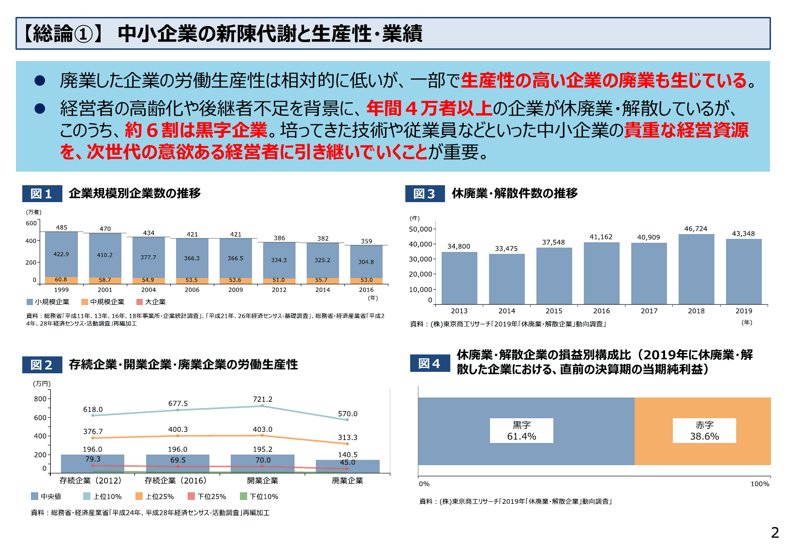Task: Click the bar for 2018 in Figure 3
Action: pyautogui.click(x=696, y=269)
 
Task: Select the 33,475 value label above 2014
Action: pyautogui.click(x=506, y=249)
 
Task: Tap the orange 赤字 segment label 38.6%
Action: pyautogui.click(x=704, y=431)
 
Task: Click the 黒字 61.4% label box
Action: pyautogui.click(x=521, y=431)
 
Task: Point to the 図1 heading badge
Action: pyautogui.click(x=42, y=194)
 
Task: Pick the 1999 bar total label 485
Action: pyautogui.click(x=61, y=227)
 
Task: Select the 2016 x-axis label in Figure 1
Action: pyautogui.click(x=366, y=290)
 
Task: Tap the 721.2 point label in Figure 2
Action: pyautogui.click(x=263, y=399)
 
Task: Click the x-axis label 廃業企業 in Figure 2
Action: pyautogui.click(x=347, y=480)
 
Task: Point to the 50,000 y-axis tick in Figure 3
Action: pyautogui.click(x=420, y=229)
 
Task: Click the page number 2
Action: pyautogui.click(x=775, y=532)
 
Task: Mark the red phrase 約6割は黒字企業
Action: pyautogui.click(x=196, y=130)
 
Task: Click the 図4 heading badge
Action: pyautogui.click(x=430, y=363)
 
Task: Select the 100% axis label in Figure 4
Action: pyautogui.click(x=759, y=484)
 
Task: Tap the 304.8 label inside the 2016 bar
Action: pyautogui.click(x=366, y=262)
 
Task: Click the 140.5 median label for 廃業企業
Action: pyautogui.click(x=347, y=455)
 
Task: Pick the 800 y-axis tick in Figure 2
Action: pyautogui.click(x=40, y=399)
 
